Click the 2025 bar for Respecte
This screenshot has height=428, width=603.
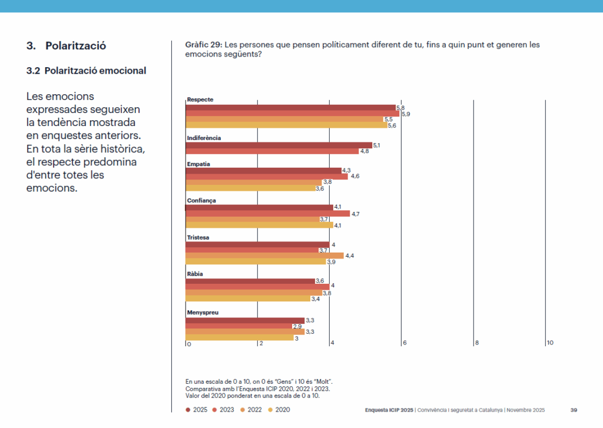click(x=291, y=107)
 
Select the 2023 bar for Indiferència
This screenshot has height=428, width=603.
click(x=272, y=151)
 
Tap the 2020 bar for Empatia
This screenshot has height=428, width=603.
click(x=250, y=188)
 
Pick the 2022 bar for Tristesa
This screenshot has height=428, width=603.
click(x=264, y=256)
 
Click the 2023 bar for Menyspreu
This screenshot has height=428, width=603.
click(x=238, y=326)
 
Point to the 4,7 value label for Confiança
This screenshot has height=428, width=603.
click(x=355, y=214)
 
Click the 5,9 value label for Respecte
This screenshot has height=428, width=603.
click(x=406, y=114)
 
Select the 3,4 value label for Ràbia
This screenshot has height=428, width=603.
click(x=315, y=299)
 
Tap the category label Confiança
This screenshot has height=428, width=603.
click(x=201, y=201)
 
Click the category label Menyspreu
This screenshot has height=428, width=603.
click(x=203, y=312)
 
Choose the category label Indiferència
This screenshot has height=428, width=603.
click(x=204, y=138)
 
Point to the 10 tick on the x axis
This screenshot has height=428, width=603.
click(x=550, y=343)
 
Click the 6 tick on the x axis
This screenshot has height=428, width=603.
click(x=405, y=343)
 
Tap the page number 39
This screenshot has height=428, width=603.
click(x=574, y=410)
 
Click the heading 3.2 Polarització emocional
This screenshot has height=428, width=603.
click(x=87, y=71)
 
